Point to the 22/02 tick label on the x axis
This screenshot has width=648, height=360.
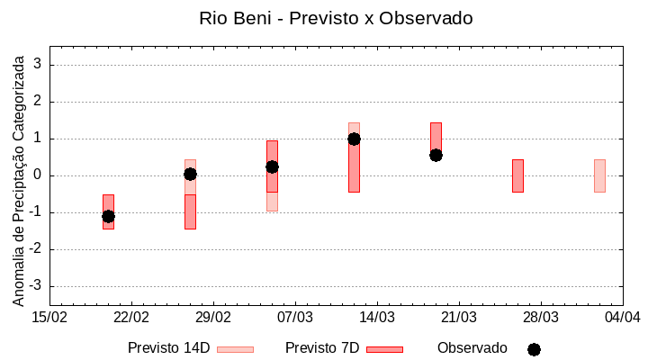[x=131, y=317]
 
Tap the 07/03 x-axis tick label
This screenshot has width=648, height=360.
[x=294, y=317]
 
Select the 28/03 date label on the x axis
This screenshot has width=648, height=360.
[x=540, y=317]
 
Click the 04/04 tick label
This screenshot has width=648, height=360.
[x=622, y=317]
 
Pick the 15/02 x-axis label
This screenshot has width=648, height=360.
[x=49, y=317]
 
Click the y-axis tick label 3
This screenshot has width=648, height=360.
[x=39, y=65]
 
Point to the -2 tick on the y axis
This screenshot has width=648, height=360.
[x=36, y=249]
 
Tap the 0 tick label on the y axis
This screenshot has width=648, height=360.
[x=39, y=175]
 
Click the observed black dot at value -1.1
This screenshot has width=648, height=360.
[x=108, y=216]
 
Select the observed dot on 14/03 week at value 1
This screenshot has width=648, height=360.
[x=354, y=139]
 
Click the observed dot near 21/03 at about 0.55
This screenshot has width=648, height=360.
[x=436, y=155]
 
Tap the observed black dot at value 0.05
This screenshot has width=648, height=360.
[x=190, y=174]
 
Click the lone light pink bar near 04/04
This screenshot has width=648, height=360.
[x=599, y=175]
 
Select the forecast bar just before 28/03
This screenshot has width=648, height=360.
[x=517, y=175]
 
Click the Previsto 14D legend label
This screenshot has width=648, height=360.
[x=168, y=348]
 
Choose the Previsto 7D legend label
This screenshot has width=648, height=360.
[x=322, y=348]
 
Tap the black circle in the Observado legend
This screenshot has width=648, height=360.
[x=534, y=349]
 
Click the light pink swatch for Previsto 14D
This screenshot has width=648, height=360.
[x=235, y=349]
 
